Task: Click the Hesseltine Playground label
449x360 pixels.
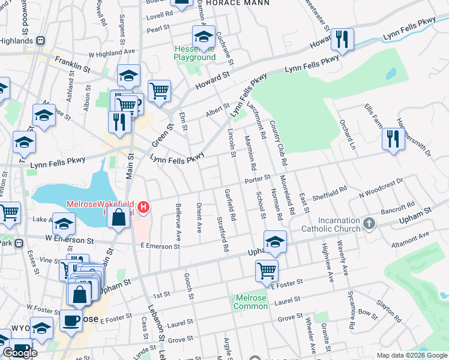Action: tap(194, 53)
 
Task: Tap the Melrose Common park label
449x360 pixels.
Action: tap(251, 302)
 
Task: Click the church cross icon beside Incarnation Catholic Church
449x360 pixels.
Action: tap(369, 224)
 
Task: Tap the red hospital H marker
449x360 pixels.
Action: tap(143, 208)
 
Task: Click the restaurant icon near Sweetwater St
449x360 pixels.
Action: tap(342, 40)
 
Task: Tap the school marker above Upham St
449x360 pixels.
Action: tap(275, 241)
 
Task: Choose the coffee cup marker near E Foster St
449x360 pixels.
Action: tap(71, 320)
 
